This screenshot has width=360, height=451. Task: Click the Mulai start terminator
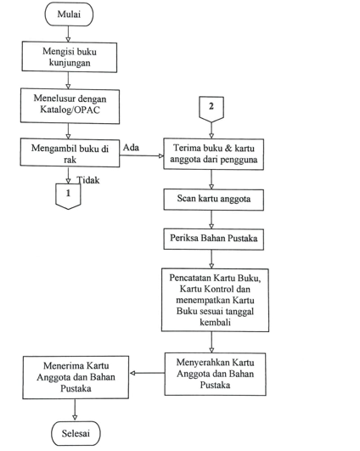point(69,14)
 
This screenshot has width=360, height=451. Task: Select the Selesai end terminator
point(76,433)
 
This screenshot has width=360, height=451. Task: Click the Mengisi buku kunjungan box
point(70,57)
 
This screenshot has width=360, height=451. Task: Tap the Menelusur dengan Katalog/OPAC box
point(70,106)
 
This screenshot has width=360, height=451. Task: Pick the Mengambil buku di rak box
point(70,153)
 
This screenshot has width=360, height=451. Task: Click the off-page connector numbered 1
point(68,196)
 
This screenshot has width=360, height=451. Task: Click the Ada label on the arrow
point(131,148)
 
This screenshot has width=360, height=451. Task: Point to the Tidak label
point(88,180)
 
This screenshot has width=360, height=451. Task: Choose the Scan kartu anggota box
point(214,200)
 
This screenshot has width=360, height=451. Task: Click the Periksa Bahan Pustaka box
point(214,239)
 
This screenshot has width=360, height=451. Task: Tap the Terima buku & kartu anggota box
point(214,155)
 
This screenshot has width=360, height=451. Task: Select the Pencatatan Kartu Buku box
point(215,300)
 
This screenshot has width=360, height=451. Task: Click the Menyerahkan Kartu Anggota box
point(215,374)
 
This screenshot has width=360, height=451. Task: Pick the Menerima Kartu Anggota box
point(76,377)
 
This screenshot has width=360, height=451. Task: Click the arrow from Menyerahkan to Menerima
point(147,374)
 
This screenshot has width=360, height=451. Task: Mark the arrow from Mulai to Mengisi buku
point(68,34)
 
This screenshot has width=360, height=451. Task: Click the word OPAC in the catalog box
point(87,110)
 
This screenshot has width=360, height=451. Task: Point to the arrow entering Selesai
point(75,410)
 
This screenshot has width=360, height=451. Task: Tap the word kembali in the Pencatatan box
point(215,322)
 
